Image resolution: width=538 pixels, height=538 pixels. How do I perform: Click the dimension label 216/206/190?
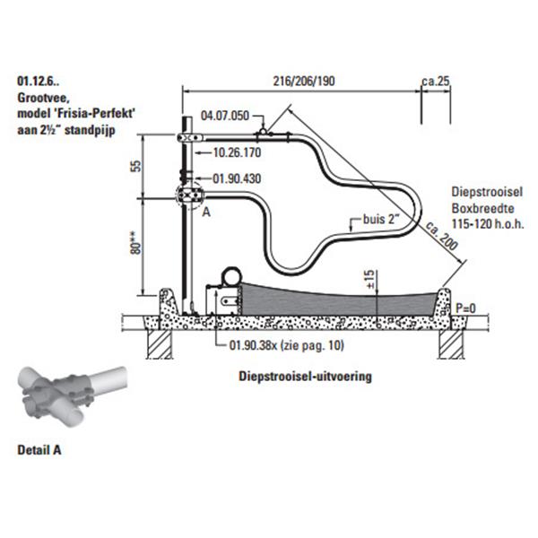(x=304, y=81)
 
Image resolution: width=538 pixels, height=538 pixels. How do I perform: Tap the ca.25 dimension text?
(x=436, y=81)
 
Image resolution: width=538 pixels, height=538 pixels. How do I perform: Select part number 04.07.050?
(x=225, y=116)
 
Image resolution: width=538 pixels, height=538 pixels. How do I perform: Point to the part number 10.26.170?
(x=237, y=152)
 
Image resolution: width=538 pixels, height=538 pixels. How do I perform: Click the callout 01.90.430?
(x=237, y=178)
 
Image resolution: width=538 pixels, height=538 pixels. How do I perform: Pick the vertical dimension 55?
(x=136, y=166)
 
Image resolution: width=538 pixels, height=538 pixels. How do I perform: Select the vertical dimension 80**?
(x=136, y=243)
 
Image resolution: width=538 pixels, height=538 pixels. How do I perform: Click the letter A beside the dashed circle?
(x=206, y=212)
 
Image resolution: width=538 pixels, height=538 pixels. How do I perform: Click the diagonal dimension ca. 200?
(x=441, y=236)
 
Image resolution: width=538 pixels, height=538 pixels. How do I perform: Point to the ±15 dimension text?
(x=369, y=279)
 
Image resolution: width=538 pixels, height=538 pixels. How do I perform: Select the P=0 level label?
(x=465, y=308)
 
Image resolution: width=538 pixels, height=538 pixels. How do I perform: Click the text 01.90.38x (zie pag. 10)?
(x=287, y=345)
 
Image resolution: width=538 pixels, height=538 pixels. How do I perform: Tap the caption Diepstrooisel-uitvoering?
(x=306, y=376)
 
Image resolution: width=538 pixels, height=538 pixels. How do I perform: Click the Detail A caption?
(x=39, y=450)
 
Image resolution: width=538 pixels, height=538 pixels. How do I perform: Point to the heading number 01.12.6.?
(x=38, y=81)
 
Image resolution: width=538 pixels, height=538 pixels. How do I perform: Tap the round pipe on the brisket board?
(x=232, y=276)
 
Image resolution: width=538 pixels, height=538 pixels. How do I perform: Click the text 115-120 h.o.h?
(x=488, y=223)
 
